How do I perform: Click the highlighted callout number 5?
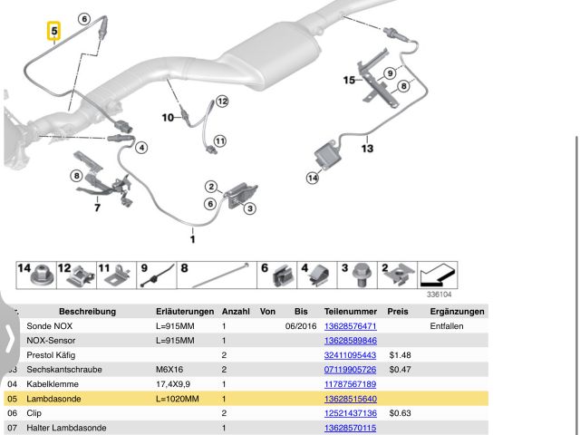53,34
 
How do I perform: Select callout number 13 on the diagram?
366,147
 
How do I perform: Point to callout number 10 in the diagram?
167,117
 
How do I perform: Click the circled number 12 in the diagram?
221,101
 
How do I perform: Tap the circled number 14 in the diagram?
312,178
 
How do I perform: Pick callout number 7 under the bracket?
96,208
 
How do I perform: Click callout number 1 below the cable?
192,239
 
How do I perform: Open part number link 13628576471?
350,325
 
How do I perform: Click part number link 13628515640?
350,398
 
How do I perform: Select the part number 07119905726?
350,369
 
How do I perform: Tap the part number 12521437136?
350,412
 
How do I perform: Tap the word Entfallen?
448,325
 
